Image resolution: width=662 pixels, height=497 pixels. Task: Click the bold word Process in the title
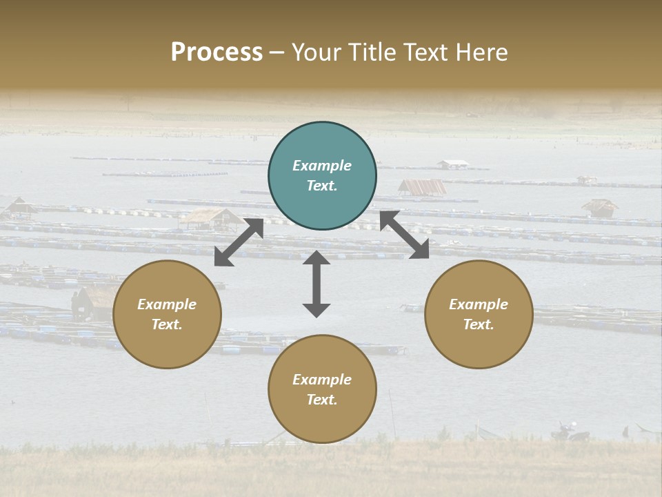tap(217, 52)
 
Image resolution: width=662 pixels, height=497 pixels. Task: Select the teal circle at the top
tap(322, 176)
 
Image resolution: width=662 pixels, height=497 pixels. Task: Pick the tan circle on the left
tap(167, 314)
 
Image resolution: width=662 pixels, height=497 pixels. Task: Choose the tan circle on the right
tap(479, 314)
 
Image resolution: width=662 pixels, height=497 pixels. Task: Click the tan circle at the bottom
tap(322, 389)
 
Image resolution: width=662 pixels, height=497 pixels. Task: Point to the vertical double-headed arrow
tap(317, 284)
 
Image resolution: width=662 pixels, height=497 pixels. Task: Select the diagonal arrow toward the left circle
tap(239, 242)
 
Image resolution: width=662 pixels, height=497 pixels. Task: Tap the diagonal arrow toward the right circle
tap(404, 235)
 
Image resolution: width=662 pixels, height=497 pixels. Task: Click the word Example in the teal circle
tap(322, 166)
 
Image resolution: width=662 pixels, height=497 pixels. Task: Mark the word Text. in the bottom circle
tap(322, 400)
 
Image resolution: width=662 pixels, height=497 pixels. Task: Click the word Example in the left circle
tap(167, 304)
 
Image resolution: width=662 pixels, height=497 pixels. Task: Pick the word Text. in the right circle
tap(479, 324)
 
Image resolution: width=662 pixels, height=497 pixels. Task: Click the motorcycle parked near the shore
tap(567, 433)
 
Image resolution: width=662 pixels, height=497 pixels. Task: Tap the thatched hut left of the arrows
tap(212, 218)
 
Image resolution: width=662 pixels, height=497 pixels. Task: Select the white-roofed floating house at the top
tap(453, 164)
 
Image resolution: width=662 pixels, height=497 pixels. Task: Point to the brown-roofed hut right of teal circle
tap(422, 187)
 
